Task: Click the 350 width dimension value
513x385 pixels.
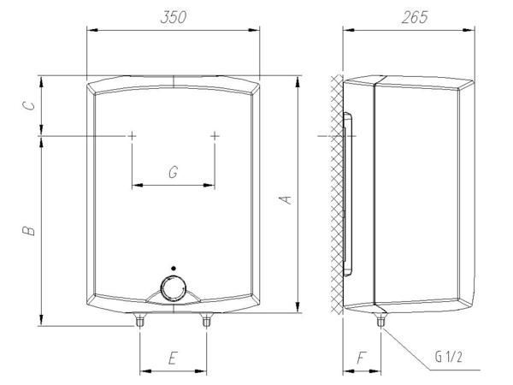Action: point(174,17)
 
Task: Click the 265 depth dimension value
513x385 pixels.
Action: point(415,17)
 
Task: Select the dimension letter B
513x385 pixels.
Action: point(29,230)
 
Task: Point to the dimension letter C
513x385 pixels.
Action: point(29,106)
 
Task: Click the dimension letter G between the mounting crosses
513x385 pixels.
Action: point(173,172)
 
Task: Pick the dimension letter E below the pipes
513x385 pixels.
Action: point(173,358)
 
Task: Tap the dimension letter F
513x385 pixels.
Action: point(361,358)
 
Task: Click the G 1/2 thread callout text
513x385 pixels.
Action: point(448,357)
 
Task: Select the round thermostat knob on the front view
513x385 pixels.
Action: point(174,289)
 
